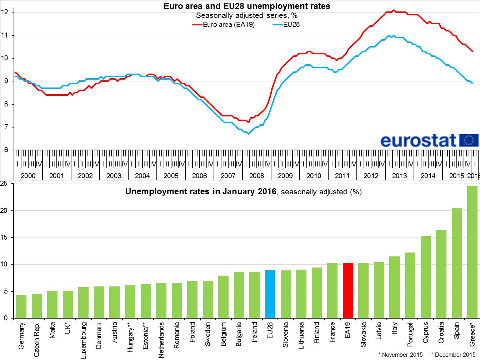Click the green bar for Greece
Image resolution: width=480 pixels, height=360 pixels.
(x=472, y=252)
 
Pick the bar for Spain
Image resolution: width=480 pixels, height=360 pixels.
(x=457, y=263)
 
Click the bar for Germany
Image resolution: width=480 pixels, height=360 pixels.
(x=21, y=306)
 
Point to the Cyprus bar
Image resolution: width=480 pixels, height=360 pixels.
(x=426, y=277)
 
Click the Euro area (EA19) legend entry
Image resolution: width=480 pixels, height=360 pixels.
(x=224, y=25)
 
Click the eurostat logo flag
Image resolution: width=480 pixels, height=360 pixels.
(x=469, y=140)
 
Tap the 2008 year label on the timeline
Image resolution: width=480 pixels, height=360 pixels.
(x=256, y=176)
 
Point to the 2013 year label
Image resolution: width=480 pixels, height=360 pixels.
(x=399, y=176)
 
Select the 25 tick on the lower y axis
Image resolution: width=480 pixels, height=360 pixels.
(x=4, y=184)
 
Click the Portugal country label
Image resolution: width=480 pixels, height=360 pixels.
(x=410, y=335)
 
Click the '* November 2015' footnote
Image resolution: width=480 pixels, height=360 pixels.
(x=400, y=355)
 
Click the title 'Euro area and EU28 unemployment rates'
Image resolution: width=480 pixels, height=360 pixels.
(x=246, y=6)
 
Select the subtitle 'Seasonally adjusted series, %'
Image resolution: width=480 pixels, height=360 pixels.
(x=246, y=15)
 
